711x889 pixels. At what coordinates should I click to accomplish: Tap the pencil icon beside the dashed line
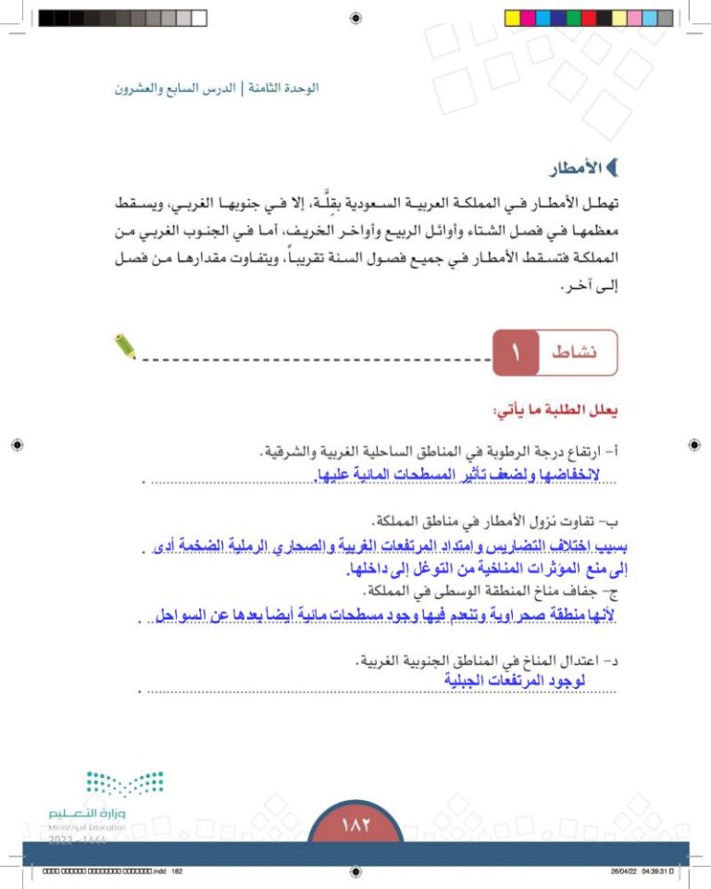125,347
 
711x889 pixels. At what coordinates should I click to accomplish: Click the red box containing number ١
515,352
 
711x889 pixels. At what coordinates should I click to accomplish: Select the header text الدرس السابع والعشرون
175,89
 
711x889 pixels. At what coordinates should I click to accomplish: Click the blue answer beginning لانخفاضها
445,475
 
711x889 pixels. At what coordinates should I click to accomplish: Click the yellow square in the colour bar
512,18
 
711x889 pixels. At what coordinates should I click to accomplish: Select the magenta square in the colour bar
529,18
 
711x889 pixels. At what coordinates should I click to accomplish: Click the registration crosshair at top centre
356,17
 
